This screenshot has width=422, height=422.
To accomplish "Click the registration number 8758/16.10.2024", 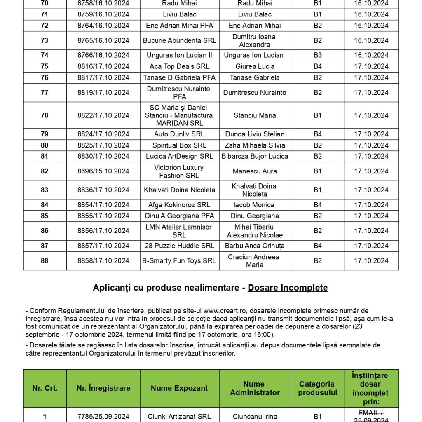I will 103,3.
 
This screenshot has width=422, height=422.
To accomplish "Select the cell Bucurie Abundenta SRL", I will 179,40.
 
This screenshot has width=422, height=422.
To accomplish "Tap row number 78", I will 45,115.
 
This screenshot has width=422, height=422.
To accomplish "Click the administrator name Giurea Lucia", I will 255,66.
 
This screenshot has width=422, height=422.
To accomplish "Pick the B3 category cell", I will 317,55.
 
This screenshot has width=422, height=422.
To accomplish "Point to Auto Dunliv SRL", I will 179,134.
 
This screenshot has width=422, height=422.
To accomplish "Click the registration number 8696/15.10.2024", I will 103,171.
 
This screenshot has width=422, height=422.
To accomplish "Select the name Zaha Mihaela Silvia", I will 255,145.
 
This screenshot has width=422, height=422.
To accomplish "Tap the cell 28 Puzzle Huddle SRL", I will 179,246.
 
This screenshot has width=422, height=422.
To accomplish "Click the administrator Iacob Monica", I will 255,205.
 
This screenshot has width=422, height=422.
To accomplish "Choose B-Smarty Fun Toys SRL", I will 179,260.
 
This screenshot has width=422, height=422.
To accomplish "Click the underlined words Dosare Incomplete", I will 288,288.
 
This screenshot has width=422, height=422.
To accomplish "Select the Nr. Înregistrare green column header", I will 103,388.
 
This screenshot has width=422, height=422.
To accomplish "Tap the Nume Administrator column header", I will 255,388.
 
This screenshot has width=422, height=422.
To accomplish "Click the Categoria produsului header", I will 317,388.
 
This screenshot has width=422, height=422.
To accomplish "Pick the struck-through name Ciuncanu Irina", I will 255,417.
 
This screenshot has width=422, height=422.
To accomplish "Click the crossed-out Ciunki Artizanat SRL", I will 179,417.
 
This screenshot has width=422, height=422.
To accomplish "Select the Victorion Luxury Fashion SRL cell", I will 179,171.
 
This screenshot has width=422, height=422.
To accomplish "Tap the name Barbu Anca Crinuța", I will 255,246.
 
